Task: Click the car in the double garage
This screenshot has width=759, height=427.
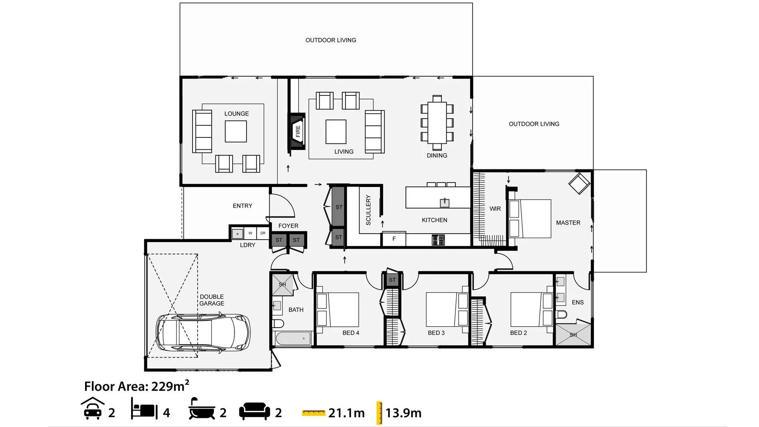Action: coord(203,333)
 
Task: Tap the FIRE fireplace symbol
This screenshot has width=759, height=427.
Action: coord(298,131)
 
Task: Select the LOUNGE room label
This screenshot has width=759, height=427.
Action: coord(236,114)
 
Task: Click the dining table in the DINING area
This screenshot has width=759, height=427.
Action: coord(437,123)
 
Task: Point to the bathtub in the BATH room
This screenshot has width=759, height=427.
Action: coord(294,338)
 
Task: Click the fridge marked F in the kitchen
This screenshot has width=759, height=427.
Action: coord(394,239)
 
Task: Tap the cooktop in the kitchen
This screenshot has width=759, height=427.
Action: coord(438,240)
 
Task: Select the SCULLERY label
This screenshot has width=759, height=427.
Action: coord(368,210)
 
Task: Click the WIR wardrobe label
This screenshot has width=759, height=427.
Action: coord(495,209)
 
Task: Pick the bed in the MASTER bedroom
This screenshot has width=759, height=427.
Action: coord(530,219)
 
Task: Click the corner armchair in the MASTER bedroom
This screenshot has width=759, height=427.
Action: coord(579,183)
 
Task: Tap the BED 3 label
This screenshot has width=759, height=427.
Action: coord(436,333)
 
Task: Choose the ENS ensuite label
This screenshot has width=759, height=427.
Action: coord(578,302)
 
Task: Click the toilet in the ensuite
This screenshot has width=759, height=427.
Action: coord(561,314)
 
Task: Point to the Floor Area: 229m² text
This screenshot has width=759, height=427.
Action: coord(137,386)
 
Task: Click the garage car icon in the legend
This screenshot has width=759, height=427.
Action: coord(93,408)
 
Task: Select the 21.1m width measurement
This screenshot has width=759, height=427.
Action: coord(346,413)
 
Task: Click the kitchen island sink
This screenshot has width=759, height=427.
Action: coord(444,203)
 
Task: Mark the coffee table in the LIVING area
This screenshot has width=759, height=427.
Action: coord(336,132)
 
